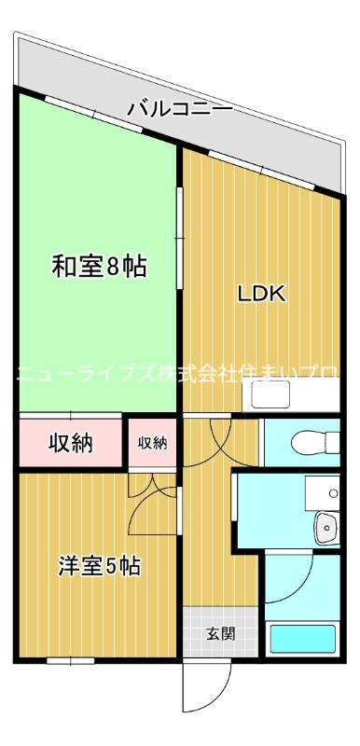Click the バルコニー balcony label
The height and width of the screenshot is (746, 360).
click(x=180, y=110)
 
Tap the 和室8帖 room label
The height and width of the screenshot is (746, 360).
click(x=98, y=267)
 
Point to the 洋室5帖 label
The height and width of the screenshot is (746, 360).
click(x=100, y=565)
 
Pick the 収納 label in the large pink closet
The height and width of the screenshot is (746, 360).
click(x=71, y=443)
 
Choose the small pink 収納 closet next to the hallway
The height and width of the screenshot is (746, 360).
click(x=153, y=443)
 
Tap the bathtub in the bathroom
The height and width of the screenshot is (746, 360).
click(x=302, y=640)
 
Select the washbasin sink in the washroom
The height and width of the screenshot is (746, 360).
click(x=326, y=527)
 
